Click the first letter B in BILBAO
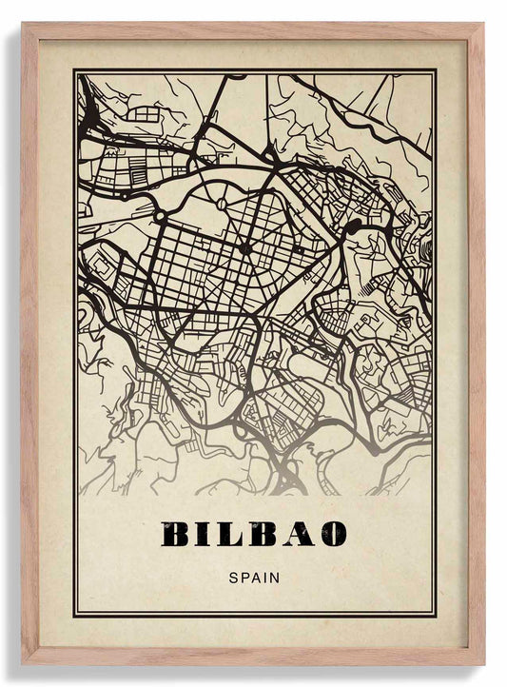175,535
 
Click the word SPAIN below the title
254,576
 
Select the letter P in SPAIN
244,576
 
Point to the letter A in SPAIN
255,576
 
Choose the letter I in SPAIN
264,576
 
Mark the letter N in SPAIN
274,576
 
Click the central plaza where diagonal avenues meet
244,249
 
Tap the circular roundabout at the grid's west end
161,217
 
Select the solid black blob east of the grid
354,226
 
